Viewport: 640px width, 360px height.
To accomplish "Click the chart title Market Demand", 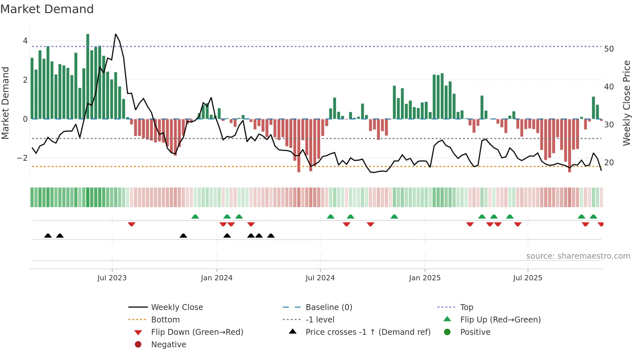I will [x=47, y=9].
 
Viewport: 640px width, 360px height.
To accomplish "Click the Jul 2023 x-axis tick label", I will [x=112, y=278].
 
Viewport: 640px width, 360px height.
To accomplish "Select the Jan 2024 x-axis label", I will [x=216, y=278].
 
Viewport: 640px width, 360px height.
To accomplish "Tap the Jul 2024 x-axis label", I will [x=320, y=278].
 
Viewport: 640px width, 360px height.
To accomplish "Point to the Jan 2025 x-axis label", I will [x=424, y=278].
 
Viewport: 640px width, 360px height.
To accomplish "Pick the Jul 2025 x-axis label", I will [x=528, y=278].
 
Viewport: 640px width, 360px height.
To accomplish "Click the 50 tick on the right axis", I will [x=609, y=49].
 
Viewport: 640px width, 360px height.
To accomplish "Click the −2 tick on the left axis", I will [x=22, y=158].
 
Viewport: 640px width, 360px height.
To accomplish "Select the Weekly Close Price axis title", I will [x=626, y=103].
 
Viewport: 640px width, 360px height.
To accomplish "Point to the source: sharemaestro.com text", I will [x=578, y=256].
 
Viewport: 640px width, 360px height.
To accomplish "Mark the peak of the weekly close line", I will [x=116, y=34].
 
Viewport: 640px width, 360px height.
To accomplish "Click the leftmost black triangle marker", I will [x=48, y=236].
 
